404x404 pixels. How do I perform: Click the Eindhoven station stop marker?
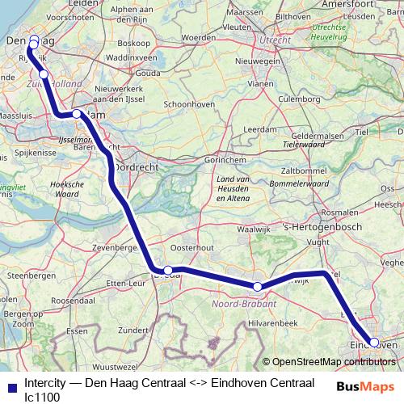click(x=374, y=342)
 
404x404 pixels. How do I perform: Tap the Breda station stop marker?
click(x=168, y=271)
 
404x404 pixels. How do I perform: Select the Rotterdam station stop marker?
click(x=77, y=114)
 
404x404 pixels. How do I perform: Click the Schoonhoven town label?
click(x=188, y=104)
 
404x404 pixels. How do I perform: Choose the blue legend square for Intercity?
click(x=10, y=383)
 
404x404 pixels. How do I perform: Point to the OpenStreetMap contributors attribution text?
click(x=333, y=362)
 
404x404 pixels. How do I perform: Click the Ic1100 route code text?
click(x=42, y=396)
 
